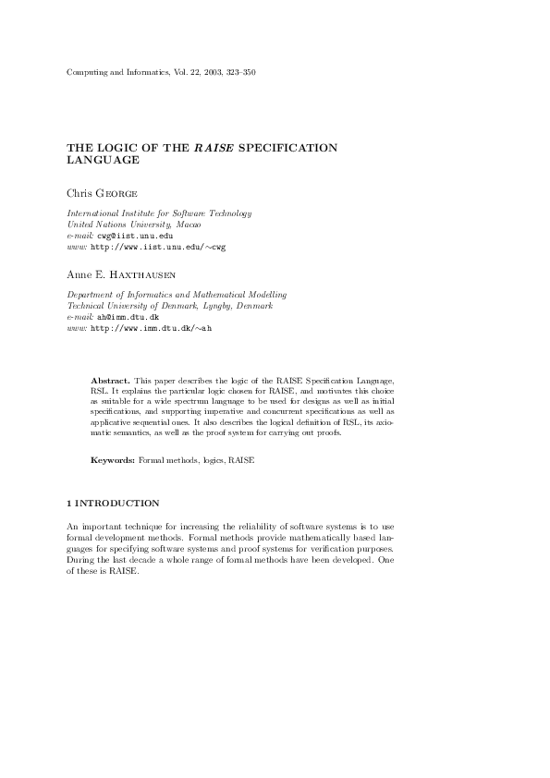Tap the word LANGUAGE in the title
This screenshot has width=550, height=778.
pos(104,160)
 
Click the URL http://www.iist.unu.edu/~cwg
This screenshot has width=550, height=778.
pos(158,247)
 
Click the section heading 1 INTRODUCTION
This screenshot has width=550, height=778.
pos(114,504)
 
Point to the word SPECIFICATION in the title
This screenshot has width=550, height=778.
pos(287,147)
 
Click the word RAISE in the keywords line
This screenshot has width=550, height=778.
pos(241,459)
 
